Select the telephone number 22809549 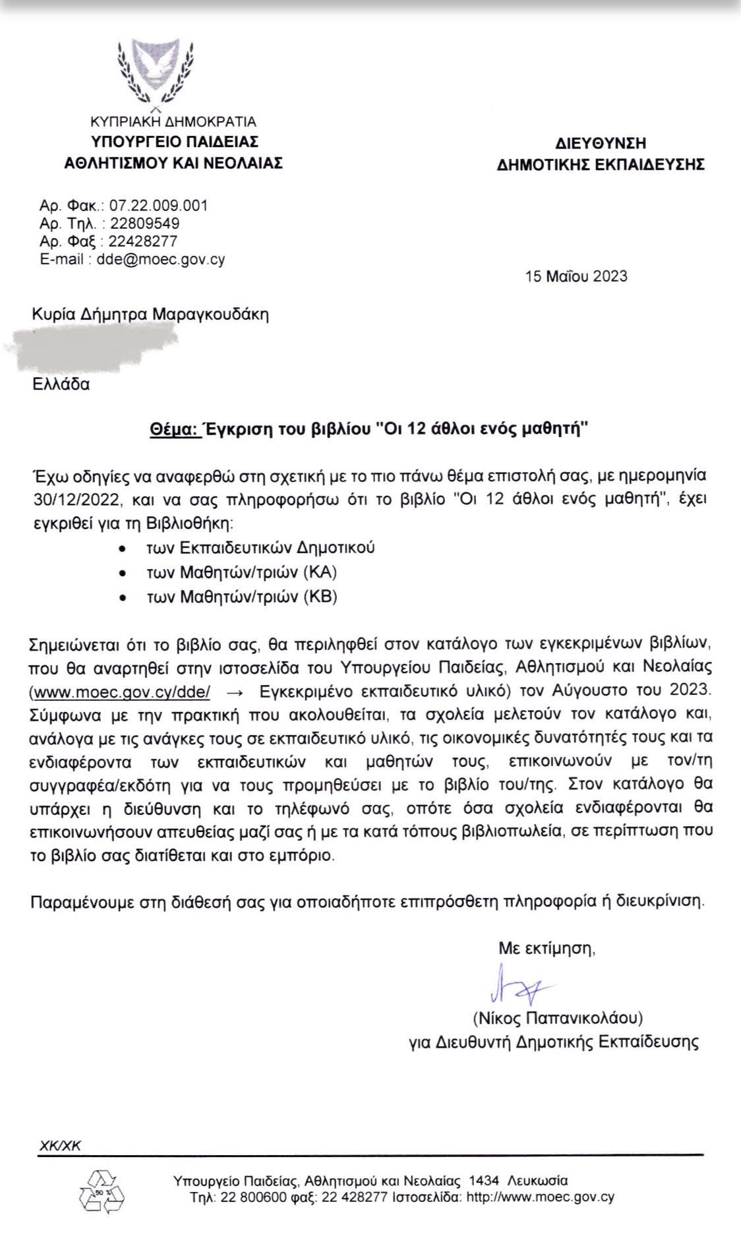(144, 223)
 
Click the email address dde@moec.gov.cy (161, 259)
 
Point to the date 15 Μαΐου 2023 (576, 276)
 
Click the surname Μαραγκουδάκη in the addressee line (210, 314)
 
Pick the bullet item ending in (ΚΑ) (242, 572)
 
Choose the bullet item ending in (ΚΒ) (242, 597)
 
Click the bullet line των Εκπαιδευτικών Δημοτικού (260, 547)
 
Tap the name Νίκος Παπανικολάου (557, 1018)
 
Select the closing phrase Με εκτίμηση (547, 949)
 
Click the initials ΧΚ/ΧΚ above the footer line (60, 1146)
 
